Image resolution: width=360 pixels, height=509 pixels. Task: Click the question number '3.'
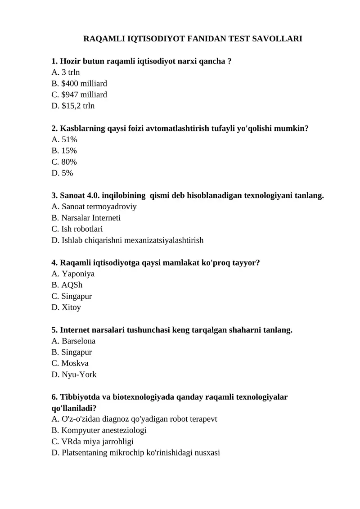[x=55, y=196]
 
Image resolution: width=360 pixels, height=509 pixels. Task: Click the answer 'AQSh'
[x=72, y=285]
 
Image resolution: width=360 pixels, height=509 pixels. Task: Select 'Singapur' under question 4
[x=76, y=297]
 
